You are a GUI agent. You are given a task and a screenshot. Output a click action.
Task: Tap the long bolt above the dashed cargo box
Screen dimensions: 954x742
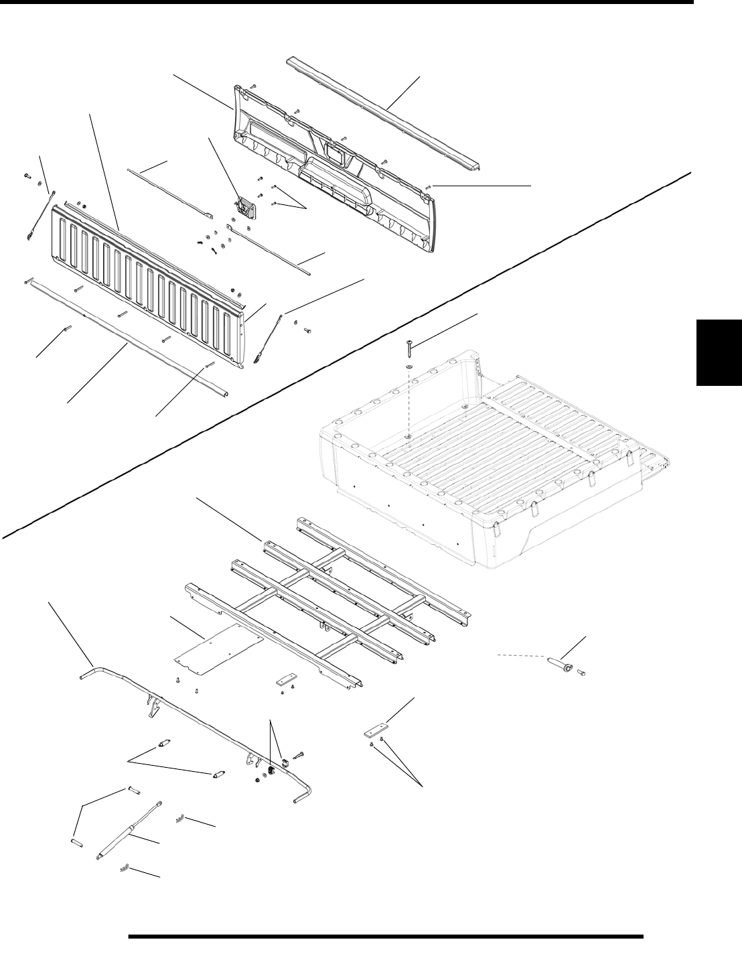[x=409, y=349]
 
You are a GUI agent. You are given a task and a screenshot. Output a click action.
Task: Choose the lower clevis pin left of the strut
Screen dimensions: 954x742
[x=77, y=839]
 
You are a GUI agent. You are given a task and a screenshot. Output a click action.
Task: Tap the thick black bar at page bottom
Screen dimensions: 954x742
[x=385, y=937]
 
